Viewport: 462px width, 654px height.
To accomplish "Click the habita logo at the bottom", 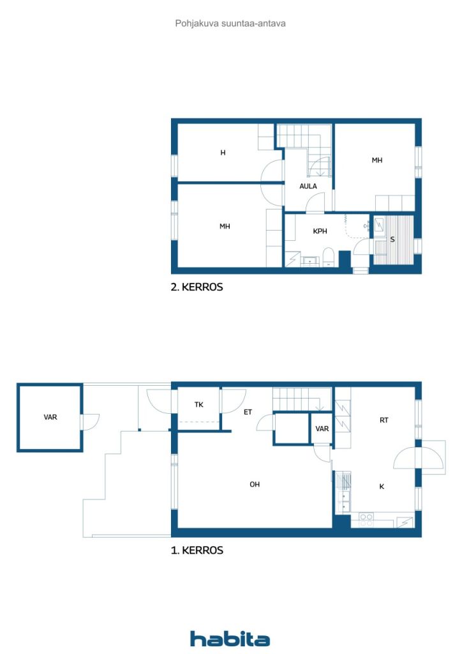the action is click(230, 639).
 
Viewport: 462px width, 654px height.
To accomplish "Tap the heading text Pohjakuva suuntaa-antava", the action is click(230, 24).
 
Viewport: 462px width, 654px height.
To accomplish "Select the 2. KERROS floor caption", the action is click(197, 287).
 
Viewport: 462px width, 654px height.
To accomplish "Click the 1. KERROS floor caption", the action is click(197, 550).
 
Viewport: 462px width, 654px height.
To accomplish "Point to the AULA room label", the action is click(308, 186).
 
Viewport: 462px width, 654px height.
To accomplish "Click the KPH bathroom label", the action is click(320, 231).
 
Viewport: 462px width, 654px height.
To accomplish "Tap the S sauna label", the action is click(392, 240).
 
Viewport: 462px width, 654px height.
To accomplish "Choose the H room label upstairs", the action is click(223, 153).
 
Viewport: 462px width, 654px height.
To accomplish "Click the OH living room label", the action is click(255, 484).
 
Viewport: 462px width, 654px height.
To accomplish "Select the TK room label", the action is click(198, 404).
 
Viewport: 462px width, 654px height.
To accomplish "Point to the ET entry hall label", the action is click(248, 412).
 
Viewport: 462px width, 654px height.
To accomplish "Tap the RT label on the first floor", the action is click(384, 420).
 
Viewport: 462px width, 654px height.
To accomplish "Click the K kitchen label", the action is click(382, 486).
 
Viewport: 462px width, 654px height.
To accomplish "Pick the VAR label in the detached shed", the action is click(50, 417).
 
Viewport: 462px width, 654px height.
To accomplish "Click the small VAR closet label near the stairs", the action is click(322, 429).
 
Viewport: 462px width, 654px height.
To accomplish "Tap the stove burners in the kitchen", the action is click(366, 520).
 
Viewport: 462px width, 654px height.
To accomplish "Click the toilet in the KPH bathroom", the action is click(329, 257).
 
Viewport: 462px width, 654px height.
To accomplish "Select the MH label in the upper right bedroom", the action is click(377, 160).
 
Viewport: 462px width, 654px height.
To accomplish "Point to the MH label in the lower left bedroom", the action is click(225, 227).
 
